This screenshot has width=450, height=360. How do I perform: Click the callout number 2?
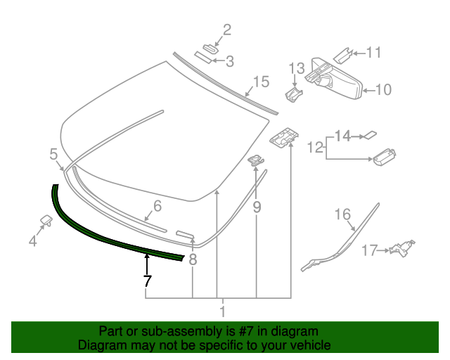point(226,30)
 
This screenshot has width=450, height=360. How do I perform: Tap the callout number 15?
point(261,82)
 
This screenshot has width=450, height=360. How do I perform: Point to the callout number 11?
point(373,52)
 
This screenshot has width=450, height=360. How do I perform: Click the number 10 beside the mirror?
point(382,90)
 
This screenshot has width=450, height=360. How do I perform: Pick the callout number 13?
point(297,68)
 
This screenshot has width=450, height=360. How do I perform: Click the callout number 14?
point(342,135)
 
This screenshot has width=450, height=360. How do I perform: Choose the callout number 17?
point(370,250)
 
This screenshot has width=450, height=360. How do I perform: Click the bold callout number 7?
point(146,281)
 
